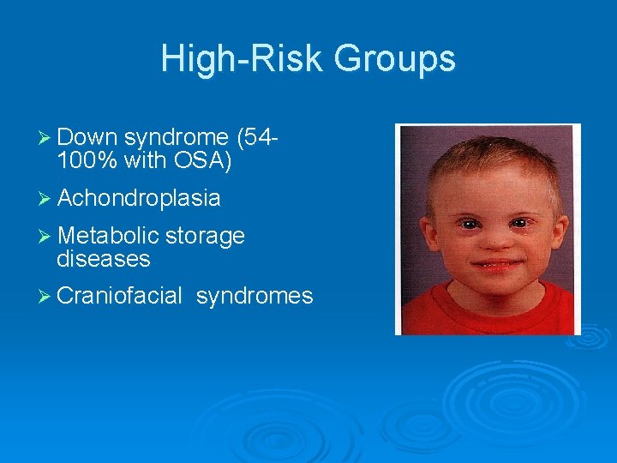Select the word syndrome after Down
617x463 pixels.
(175, 137)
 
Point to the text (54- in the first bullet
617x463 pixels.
(259, 137)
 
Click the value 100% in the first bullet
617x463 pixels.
(87, 159)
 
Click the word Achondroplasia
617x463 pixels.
(139, 199)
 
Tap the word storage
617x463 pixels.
(205, 236)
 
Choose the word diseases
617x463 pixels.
(103, 258)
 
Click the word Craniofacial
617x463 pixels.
(119, 297)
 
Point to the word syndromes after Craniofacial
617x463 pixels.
(255, 297)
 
